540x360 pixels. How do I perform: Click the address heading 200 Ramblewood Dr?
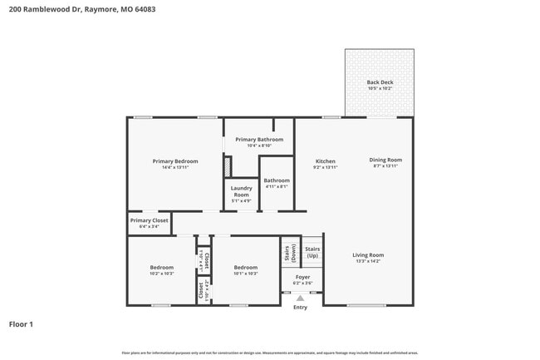point(81,10)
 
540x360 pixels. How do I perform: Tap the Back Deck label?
point(380,82)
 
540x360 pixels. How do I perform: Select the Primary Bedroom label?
point(175,160)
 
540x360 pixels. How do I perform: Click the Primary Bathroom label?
point(259,140)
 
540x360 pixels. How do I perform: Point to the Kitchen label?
point(325,160)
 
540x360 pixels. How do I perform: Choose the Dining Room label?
point(385,160)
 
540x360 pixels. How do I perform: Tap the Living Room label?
point(367,255)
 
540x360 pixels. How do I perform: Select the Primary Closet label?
point(149,220)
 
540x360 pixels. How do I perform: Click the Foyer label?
point(302,277)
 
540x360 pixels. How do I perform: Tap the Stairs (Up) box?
point(312,251)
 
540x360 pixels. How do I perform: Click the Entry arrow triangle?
point(300,298)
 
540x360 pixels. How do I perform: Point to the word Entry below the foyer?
point(300,308)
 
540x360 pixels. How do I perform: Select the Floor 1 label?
point(21,323)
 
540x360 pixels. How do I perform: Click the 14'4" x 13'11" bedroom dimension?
point(175,167)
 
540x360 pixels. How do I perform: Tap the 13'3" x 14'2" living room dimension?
point(367,262)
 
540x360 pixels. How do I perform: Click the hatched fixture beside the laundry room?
point(227,166)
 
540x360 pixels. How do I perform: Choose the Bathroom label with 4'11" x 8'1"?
point(277,180)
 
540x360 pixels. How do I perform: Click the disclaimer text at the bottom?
point(270,353)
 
